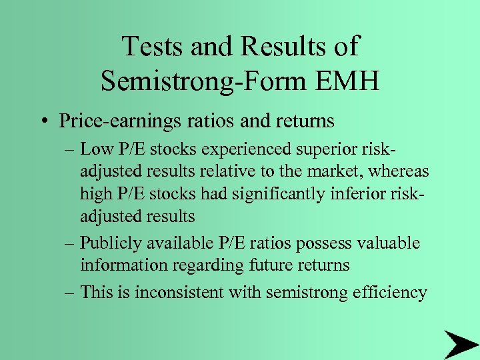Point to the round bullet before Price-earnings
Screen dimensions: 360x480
click(x=45, y=121)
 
